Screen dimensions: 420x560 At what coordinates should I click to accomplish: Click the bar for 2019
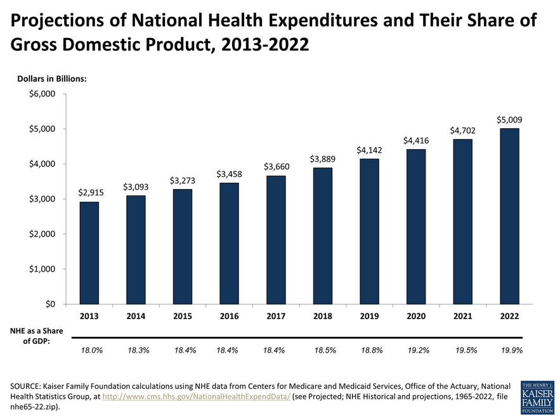tap(368, 231)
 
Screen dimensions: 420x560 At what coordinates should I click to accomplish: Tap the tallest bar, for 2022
tap(509, 216)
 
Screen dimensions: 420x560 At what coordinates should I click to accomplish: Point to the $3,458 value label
tap(229, 173)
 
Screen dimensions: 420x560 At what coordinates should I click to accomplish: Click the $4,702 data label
tap(462, 131)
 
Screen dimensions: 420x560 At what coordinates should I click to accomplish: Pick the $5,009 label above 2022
tap(509, 119)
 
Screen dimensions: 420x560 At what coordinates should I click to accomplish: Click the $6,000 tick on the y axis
tap(42, 94)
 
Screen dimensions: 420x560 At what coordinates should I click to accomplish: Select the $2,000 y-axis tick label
tap(42, 234)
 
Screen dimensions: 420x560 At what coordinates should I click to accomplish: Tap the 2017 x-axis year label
tap(275, 316)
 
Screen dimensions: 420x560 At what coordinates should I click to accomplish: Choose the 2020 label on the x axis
tap(415, 316)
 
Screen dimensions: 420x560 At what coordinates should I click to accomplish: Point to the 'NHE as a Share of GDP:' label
tap(36, 336)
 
